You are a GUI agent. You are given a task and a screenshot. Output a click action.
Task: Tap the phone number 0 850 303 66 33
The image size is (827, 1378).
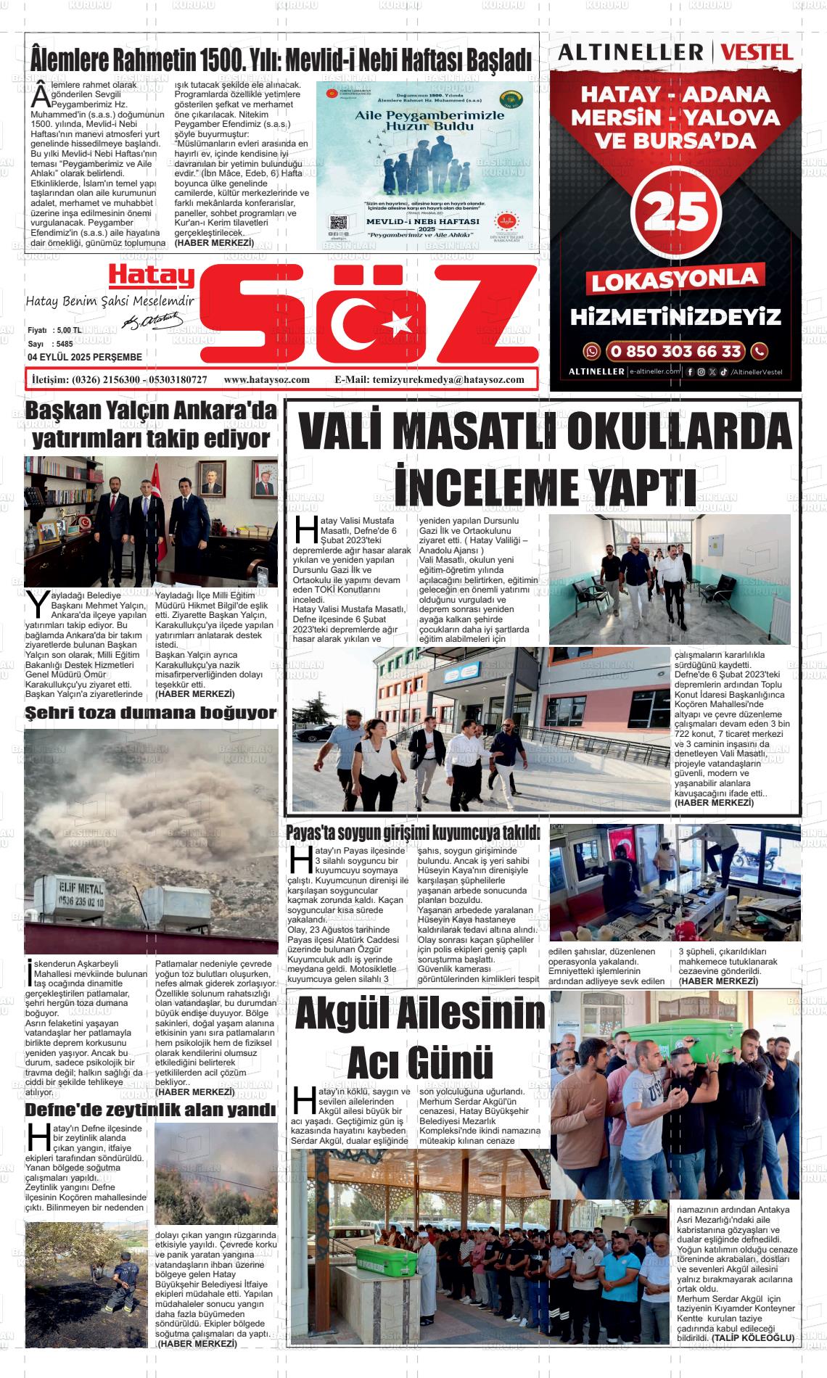[675, 351]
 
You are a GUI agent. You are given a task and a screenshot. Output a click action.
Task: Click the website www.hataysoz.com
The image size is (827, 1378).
[267, 379]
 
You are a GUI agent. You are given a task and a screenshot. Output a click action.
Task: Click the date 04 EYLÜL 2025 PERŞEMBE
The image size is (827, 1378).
[85, 357]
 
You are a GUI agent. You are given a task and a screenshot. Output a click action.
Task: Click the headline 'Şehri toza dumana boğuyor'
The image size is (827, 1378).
[151, 713]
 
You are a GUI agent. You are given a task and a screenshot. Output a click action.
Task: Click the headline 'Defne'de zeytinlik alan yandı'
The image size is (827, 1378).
[151, 1110]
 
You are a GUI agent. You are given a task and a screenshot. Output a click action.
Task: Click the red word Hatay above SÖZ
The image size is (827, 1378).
[152, 275]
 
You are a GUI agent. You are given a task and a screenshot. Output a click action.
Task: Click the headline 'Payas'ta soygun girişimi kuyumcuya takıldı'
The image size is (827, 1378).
[413, 833]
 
